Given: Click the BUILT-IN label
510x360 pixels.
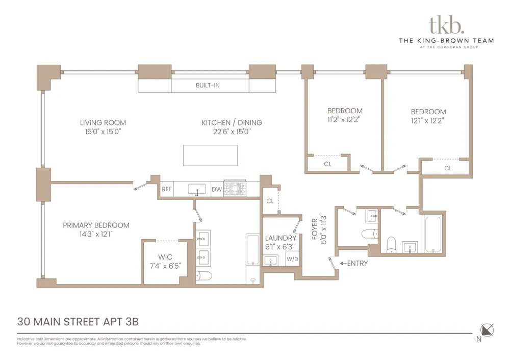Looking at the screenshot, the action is pyautogui.click(x=208, y=86).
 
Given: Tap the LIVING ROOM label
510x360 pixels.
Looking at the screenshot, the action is pyautogui.click(x=103, y=122).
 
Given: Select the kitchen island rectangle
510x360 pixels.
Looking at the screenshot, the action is pyautogui.click(x=210, y=156).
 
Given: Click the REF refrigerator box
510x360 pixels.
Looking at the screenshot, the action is pyautogui.click(x=167, y=189).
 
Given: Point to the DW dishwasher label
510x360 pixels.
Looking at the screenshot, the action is pyautogui.click(x=217, y=189).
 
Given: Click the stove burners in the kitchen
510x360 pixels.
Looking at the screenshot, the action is pyautogui.click(x=235, y=188).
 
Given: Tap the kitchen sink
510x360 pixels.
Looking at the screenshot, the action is pyautogui.click(x=197, y=189).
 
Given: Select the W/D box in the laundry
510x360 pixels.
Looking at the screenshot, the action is pyautogui.click(x=292, y=259).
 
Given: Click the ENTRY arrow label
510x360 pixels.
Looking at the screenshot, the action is pyautogui.click(x=354, y=264).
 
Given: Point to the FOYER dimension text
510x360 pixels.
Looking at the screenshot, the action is pyautogui.click(x=324, y=229).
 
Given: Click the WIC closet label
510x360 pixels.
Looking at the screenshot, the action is pyautogui.click(x=165, y=257).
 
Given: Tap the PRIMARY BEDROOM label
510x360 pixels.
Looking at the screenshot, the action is pyautogui.click(x=96, y=225).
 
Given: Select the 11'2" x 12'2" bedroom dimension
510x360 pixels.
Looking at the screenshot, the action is pyautogui.click(x=344, y=120).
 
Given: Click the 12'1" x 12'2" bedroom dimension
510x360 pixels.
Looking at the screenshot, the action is pyautogui.click(x=427, y=120).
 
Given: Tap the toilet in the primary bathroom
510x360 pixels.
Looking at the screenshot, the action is pyautogui.click(x=204, y=276).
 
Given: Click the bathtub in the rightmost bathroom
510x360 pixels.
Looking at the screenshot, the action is pyautogui.click(x=433, y=235).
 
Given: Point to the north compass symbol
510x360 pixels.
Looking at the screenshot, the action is pyautogui.click(x=487, y=330).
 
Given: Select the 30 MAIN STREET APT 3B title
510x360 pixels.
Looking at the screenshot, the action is pyautogui.click(x=78, y=322).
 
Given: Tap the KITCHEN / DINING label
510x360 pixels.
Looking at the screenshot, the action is pyautogui.click(x=232, y=122).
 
